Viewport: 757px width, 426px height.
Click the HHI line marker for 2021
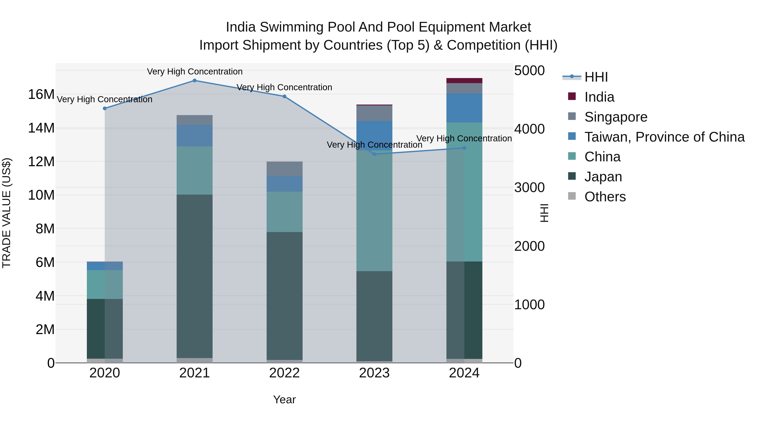[x=195, y=81]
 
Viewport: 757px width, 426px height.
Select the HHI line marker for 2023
[x=374, y=154]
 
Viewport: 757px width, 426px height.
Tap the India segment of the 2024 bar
[x=464, y=81]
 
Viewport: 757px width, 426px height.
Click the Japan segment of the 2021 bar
[x=195, y=276]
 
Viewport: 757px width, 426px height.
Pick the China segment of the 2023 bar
[x=374, y=211]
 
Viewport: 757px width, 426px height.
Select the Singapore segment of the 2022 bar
[x=285, y=169]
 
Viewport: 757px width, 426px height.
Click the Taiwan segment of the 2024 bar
[x=464, y=108]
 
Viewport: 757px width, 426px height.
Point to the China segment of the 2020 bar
[x=105, y=284]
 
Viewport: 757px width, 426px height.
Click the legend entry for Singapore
[x=616, y=117]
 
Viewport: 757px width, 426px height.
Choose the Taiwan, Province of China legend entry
[x=664, y=137]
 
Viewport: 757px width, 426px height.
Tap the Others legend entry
[x=605, y=197]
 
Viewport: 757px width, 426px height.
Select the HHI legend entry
[x=596, y=77]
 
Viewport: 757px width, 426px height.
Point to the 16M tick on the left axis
[x=41, y=95]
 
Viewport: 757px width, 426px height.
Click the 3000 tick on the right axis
[x=529, y=188]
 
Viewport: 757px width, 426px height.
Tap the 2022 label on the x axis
[x=285, y=373]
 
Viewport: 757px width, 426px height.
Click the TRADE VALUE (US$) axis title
[x=7, y=213]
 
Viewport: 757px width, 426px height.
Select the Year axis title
[x=285, y=399]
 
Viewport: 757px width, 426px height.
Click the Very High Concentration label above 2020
[x=105, y=99]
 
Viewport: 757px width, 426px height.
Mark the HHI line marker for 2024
[x=464, y=148]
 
